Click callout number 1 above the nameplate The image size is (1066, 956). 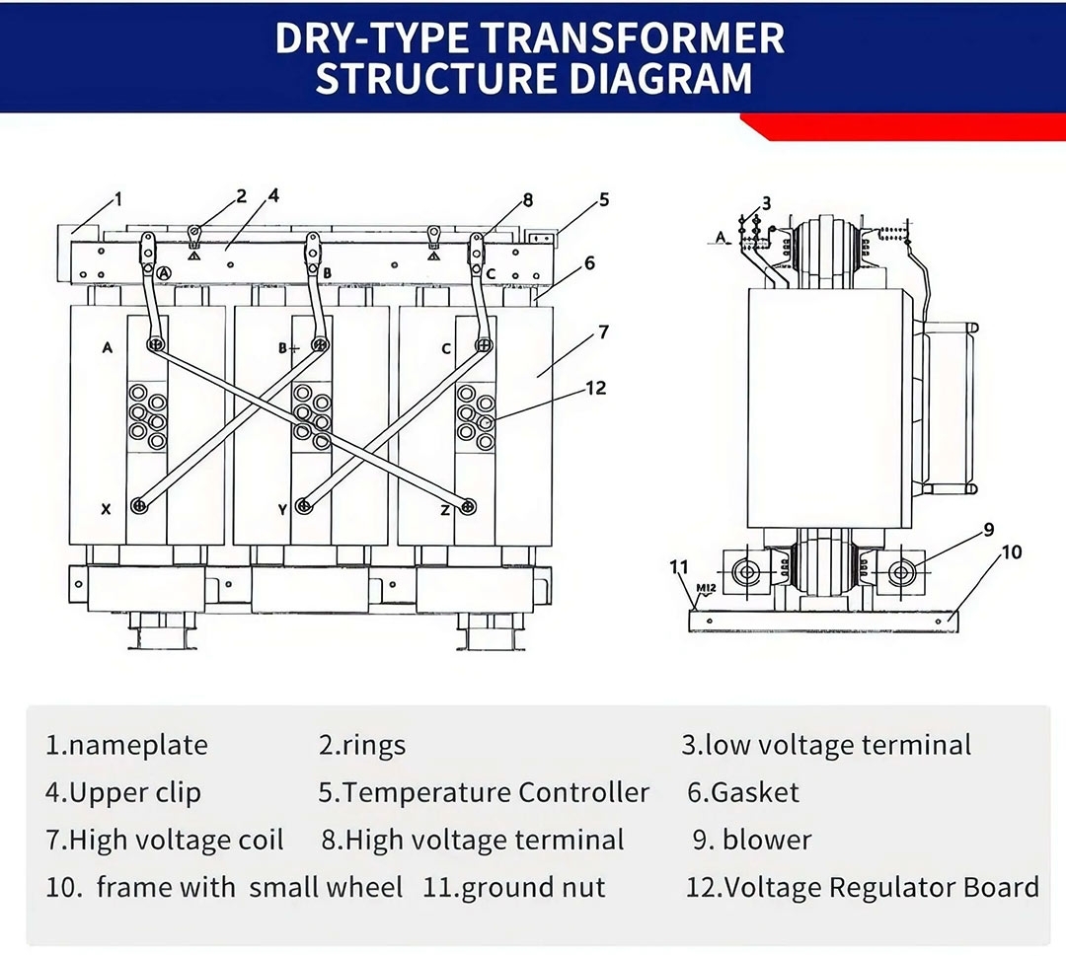point(119,199)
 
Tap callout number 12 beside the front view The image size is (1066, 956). point(595,388)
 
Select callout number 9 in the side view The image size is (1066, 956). point(989,530)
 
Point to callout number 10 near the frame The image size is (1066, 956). point(1012,552)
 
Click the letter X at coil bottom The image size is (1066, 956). point(106,509)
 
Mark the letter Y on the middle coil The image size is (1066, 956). point(283,509)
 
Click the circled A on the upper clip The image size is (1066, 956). point(164,272)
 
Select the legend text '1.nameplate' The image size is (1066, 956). point(126,745)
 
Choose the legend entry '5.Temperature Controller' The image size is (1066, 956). point(484,792)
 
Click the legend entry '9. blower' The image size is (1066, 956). point(751,840)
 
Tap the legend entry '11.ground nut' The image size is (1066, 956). point(513,887)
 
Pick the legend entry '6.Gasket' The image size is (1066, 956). point(742,792)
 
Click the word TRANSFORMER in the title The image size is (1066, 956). point(633,38)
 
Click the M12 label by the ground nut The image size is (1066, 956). point(705,589)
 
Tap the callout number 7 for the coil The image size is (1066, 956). point(604,332)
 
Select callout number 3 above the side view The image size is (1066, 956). point(766,204)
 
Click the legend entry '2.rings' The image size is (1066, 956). point(361,745)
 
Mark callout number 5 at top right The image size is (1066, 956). point(604,199)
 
